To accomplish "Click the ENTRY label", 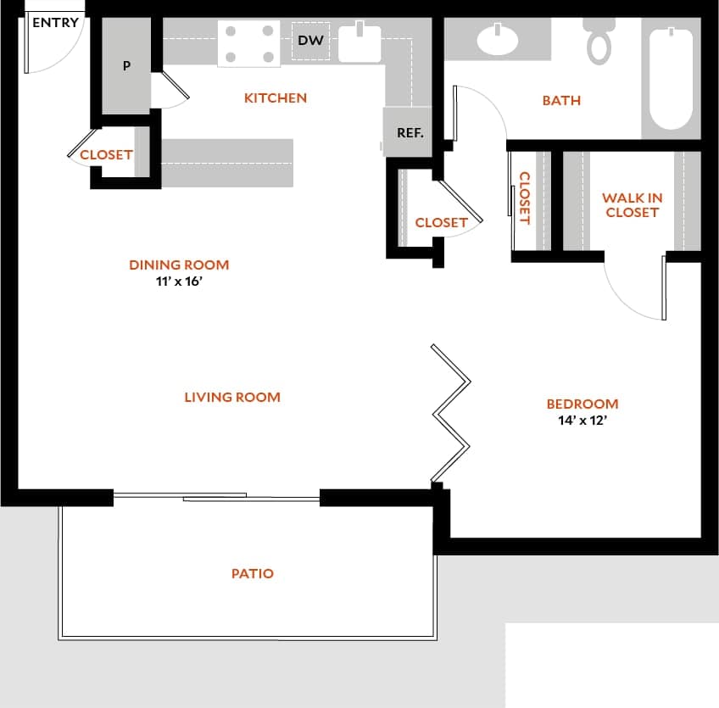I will point(55,23).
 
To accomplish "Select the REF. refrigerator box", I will point(410,132).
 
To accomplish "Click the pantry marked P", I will point(126,66).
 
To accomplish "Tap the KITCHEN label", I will point(276,98).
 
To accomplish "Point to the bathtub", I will point(671,78).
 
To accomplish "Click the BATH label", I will point(561,101).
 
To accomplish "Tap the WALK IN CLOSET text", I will point(633,205).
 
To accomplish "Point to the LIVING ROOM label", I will point(232,397).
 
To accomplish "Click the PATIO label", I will point(253,574).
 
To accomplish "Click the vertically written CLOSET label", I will point(524,198).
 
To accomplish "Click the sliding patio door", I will point(216,498).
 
